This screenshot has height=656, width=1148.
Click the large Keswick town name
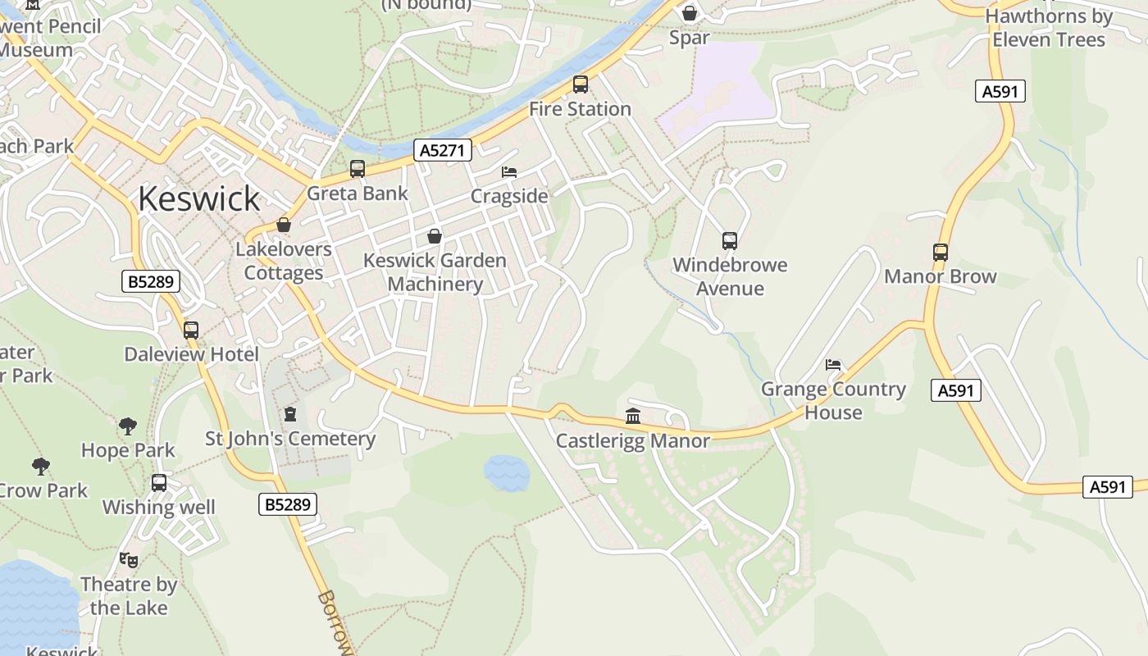[x=198, y=198]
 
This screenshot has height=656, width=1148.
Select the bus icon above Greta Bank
[x=358, y=169]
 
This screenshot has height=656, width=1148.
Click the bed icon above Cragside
[x=509, y=172]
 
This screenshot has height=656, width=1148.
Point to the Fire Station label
[x=580, y=109]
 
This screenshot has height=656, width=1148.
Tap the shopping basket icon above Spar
[x=690, y=13]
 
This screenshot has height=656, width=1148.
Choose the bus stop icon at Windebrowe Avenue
[x=730, y=241]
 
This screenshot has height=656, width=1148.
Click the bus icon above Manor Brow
[x=941, y=253]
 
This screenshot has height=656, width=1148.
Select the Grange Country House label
[x=833, y=401]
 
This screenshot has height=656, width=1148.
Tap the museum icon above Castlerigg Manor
[x=633, y=417]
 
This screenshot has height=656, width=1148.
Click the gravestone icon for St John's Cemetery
[x=289, y=414]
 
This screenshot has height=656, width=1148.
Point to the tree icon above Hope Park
[x=128, y=426]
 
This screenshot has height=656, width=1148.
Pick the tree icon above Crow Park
[x=41, y=467]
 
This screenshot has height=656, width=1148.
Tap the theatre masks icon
[x=129, y=560]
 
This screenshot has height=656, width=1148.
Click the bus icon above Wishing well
[x=159, y=483]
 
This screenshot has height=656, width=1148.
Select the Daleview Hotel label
[x=191, y=354]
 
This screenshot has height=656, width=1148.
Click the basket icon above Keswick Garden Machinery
[x=435, y=236]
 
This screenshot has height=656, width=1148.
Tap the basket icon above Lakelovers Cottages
[x=284, y=225]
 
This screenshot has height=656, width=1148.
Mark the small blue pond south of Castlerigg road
[x=507, y=473]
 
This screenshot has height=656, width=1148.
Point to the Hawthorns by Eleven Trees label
[x=1049, y=28]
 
